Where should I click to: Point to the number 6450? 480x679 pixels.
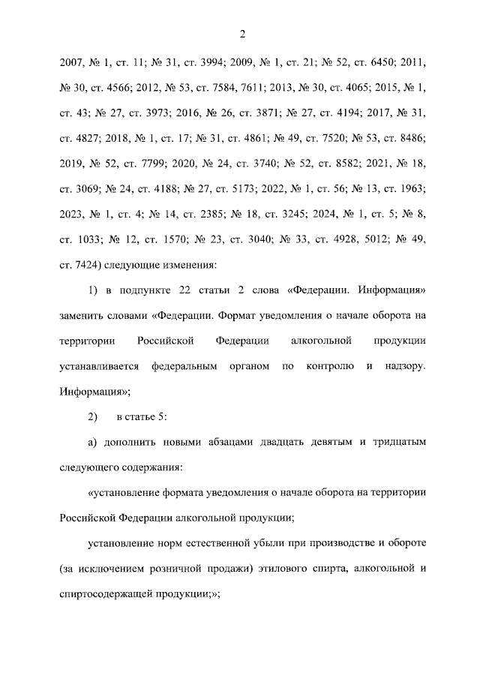click(x=382, y=62)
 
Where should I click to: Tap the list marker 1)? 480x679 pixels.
click(x=94, y=291)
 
